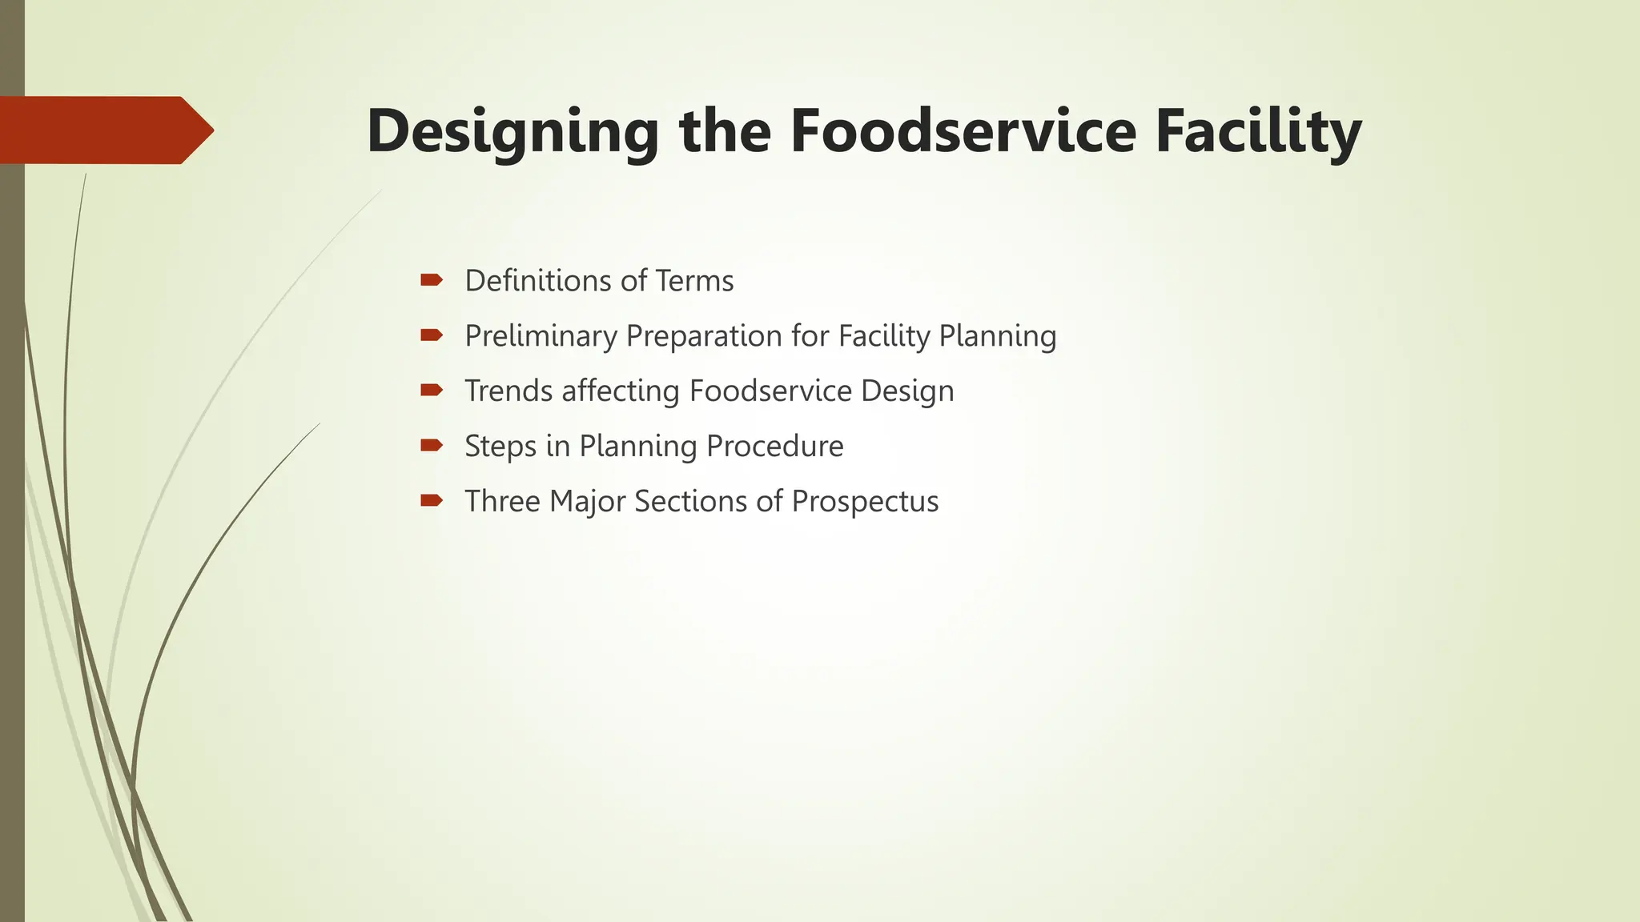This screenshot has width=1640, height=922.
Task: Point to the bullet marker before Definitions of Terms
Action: [431, 280]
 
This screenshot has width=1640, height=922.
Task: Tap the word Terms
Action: [694, 281]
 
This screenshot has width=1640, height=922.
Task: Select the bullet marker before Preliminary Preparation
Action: [431, 335]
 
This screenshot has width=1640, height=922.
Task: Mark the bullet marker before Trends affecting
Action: [431, 391]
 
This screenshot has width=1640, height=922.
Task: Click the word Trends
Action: [508, 391]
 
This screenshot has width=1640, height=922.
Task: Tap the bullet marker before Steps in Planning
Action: [431, 445]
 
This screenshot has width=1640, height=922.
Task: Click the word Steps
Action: [500, 447]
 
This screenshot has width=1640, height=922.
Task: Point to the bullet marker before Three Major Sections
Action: [431, 501]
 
